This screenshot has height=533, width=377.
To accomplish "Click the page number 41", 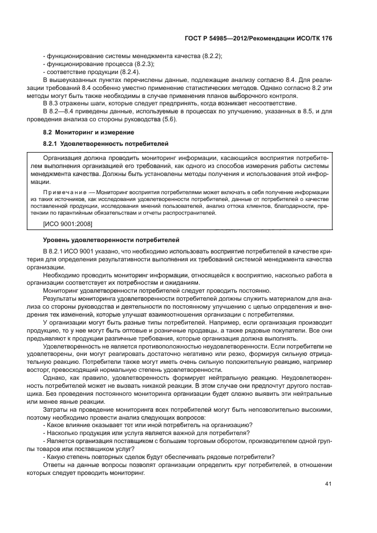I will [328, 484].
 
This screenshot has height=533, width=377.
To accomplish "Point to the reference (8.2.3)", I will [142, 64].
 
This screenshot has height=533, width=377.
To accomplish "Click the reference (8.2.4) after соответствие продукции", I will [128, 73].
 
